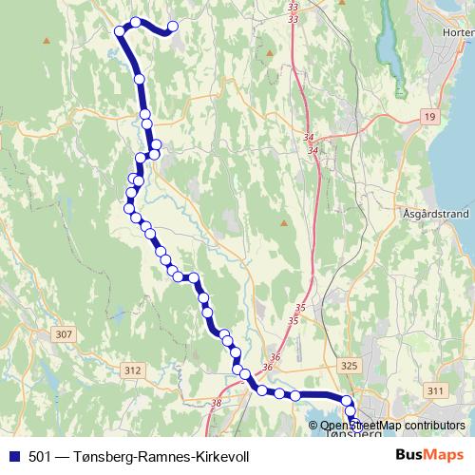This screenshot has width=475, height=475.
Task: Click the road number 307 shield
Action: pos(64,335)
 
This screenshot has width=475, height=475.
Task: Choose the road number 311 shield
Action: pos(436,390)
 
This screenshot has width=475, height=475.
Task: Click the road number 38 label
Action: pos(216,404)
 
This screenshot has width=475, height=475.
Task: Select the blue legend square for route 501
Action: pos(14,456)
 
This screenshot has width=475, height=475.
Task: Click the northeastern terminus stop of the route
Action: pos(173,27)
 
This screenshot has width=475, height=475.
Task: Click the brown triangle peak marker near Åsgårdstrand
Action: pos(283,223)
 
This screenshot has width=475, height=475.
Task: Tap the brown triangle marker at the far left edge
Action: pos(46,40)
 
